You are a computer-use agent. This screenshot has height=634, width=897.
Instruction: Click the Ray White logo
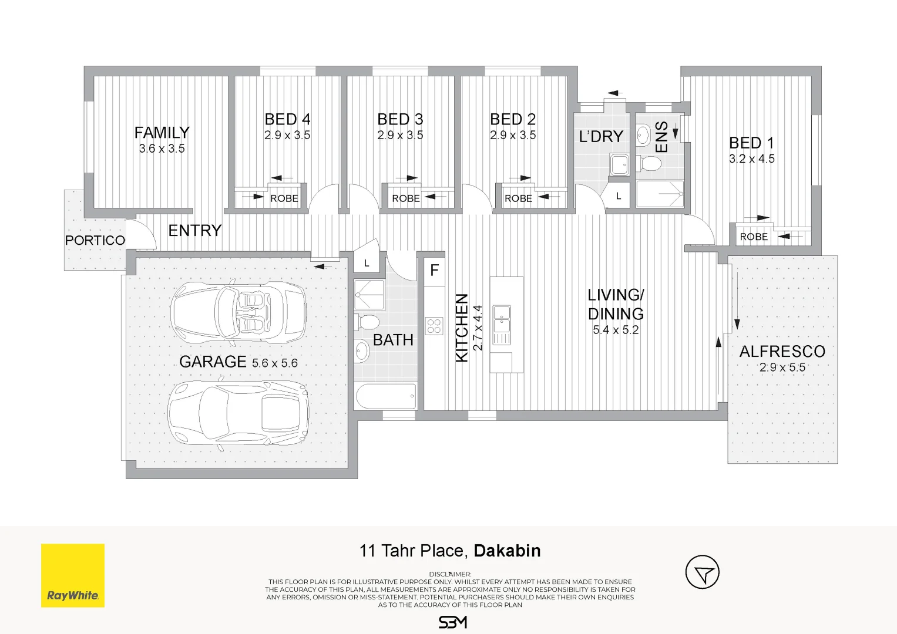(72, 575)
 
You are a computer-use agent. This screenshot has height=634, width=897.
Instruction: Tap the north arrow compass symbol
(703, 572)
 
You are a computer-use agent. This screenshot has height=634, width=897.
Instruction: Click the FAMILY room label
(162, 133)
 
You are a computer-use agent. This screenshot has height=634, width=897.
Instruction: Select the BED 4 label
(287, 119)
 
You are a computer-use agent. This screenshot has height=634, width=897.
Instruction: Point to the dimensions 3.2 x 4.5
(752, 159)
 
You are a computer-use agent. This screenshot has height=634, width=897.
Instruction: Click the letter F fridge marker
(435, 271)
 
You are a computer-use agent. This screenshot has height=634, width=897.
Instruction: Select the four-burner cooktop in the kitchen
(434, 326)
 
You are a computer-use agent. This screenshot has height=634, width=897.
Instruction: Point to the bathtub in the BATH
(385, 396)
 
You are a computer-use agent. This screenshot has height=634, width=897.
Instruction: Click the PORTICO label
(95, 240)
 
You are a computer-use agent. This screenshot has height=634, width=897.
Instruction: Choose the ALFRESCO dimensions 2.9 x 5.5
(782, 367)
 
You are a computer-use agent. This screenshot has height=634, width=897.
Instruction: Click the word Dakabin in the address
(507, 551)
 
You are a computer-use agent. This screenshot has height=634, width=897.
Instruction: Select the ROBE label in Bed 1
(754, 237)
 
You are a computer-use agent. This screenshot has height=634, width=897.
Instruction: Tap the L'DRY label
(601, 136)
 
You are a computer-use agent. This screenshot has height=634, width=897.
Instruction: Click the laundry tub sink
(620, 164)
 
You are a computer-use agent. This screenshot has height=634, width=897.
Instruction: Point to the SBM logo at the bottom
(452, 622)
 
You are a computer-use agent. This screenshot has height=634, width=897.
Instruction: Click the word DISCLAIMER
(450, 574)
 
